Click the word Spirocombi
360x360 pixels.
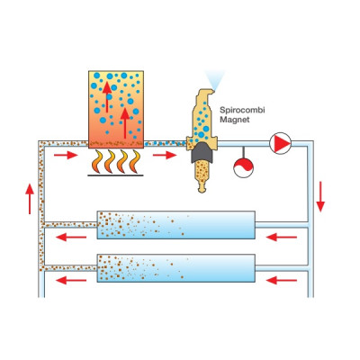pos(242,111)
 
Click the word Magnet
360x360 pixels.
pos(235,120)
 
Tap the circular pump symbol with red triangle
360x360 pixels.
pos(280,144)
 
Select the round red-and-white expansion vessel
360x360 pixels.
pos(243,168)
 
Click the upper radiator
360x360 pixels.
pos(176,225)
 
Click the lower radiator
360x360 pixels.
pos(176,268)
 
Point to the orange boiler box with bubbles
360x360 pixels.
pos(116,110)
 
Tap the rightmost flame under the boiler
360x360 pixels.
pos(136,162)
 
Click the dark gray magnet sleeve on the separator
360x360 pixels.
pos(202,153)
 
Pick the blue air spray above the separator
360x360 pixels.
pos(214,80)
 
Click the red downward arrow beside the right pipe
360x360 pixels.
pos(320,196)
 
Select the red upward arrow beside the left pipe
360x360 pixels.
pos(30,199)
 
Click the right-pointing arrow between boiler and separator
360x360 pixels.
pos(165,155)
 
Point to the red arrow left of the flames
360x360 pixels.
pos(66,155)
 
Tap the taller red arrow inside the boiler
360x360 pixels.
pos(125,123)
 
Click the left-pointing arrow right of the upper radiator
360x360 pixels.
pos(282,238)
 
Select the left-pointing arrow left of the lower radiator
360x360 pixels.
pos(71,281)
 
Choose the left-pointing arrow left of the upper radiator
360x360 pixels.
pos(71,238)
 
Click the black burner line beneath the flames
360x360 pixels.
pos(115,175)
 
